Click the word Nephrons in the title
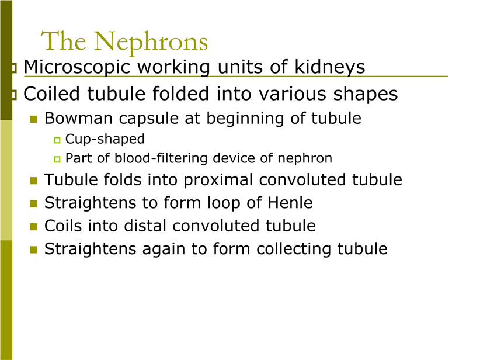pos(151,42)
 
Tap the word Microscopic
pos(77,67)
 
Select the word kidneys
pos(330,67)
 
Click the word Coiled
pos(51,94)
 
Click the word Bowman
pos(78,118)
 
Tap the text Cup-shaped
pos(105,140)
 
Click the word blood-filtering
pos(161,158)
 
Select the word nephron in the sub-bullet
pos(305,159)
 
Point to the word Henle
pos(290,203)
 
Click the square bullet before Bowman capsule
pos(34,119)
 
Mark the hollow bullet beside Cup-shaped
pos(57,140)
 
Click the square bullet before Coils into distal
pos(34,227)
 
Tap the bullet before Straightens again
pos(34,250)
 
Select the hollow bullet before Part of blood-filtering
pos(57,160)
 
